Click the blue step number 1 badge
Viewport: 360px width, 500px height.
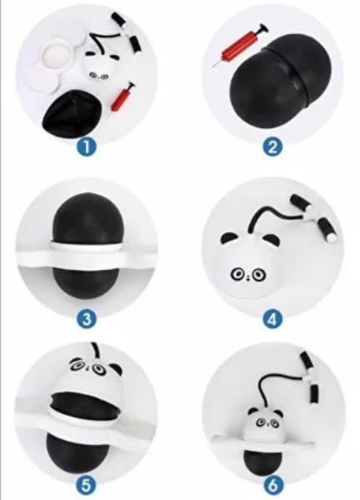click(87, 147)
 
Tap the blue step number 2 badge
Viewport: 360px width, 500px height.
click(272, 147)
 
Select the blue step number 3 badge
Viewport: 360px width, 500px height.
click(87, 319)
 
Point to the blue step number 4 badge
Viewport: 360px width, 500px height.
click(272, 319)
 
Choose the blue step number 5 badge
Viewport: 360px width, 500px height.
click(87, 486)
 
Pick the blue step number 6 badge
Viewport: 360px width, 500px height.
click(272, 486)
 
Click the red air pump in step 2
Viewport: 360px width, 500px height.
click(241, 45)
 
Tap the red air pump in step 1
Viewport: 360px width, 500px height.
click(122, 97)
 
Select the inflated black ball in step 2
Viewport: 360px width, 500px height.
click(281, 77)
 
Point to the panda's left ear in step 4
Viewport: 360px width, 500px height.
click(228, 237)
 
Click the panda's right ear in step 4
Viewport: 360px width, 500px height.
click(269, 238)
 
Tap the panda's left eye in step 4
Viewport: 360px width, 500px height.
click(237, 273)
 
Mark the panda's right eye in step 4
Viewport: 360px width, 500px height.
click(259, 274)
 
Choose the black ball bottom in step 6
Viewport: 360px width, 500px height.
click(263, 457)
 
